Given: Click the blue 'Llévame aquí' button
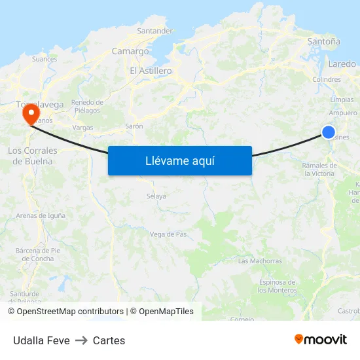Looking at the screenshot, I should (179, 160).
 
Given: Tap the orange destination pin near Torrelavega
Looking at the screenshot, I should (30, 115).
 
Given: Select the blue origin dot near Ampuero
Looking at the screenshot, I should (329, 132).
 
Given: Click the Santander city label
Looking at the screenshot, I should (155, 31).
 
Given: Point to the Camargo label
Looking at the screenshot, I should (130, 51).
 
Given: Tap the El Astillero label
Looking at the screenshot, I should (151, 71).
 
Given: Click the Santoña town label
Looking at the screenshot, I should (323, 41).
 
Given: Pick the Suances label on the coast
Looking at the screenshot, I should (45, 59).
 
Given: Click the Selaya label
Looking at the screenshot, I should (156, 196).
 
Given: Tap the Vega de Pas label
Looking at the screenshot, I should (169, 234).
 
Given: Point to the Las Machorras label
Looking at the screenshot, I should (260, 261).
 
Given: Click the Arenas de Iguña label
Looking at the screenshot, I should (41, 215).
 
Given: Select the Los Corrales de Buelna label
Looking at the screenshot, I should (32, 155).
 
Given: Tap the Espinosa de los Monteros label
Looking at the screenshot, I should (278, 286).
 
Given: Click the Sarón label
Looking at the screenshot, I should (134, 126).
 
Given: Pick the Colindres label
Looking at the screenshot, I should (327, 80).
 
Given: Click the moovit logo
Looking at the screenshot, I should (320, 339).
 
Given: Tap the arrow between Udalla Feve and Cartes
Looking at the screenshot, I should (81, 340).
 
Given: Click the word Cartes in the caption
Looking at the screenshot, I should (109, 340).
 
